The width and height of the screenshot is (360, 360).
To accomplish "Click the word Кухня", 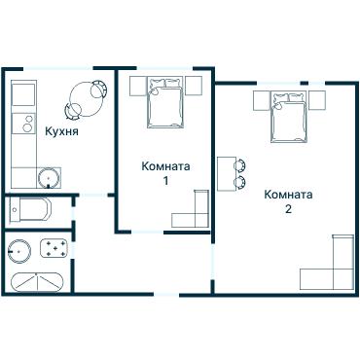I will pyautogui.click(x=61, y=130).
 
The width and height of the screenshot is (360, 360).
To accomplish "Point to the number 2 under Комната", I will pyautogui.click(x=288, y=209).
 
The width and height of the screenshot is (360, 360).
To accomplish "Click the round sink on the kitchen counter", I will pyautogui.click(x=48, y=178).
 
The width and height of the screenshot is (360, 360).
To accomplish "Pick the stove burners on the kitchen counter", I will pyautogui.click(x=21, y=124).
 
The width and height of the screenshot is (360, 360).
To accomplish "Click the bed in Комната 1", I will pyautogui.click(x=162, y=100).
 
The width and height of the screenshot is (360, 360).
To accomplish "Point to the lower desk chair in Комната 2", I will pyautogui.click(x=240, y=181).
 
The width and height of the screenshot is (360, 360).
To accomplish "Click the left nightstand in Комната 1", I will pyautogui.click(x=135, y=83).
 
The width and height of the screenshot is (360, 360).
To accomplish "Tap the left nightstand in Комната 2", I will pyautogui.click(x=260, y=100).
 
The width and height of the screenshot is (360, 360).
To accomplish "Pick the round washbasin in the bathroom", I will pyautogui.click(x=18, y=250).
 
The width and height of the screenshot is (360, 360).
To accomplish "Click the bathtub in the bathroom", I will pyautogui.click(x=37, y=283).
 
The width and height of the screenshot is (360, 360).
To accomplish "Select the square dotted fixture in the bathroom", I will pyautogui.click(x=57, y=250).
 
